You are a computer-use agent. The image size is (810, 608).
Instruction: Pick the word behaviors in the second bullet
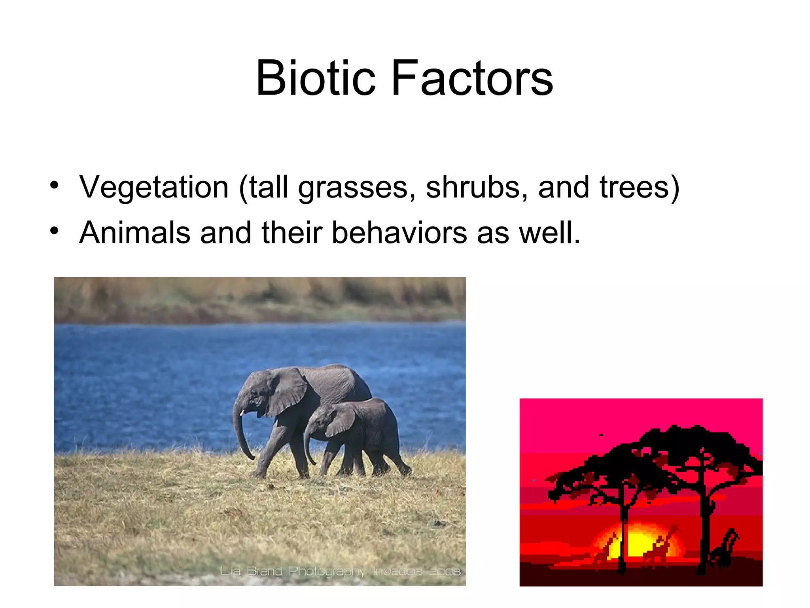(399, 233)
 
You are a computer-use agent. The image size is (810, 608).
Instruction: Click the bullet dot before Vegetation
(55, 185)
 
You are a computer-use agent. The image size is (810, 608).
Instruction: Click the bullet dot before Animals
(55, 231)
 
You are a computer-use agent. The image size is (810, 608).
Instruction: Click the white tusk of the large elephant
(242, 412)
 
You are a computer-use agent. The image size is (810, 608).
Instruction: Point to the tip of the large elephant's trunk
(251, 458)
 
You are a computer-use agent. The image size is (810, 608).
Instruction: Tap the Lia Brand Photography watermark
(340, 572)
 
